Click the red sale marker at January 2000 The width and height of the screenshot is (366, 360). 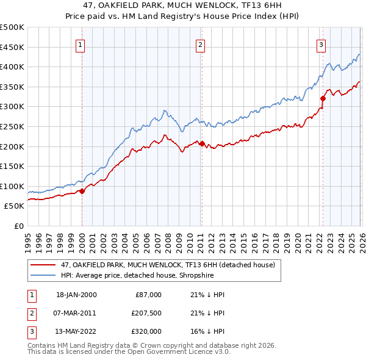pyautogui.click(x=82, y=191)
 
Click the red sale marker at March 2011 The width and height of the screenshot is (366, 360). pyautogui.click(x=202, y=143)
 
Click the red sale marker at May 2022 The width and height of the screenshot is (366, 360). pyautogui.click(x=323, y=98)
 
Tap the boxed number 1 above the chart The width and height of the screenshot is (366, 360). pyautogui.click(x=81, y=44)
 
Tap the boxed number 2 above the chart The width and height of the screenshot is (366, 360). pyautogui.click(x=200, y=44)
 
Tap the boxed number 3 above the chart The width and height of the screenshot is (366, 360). pyautogui.click(x=321, y=44)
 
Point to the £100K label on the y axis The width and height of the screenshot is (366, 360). pyautogui.click(x=12, y=186)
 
